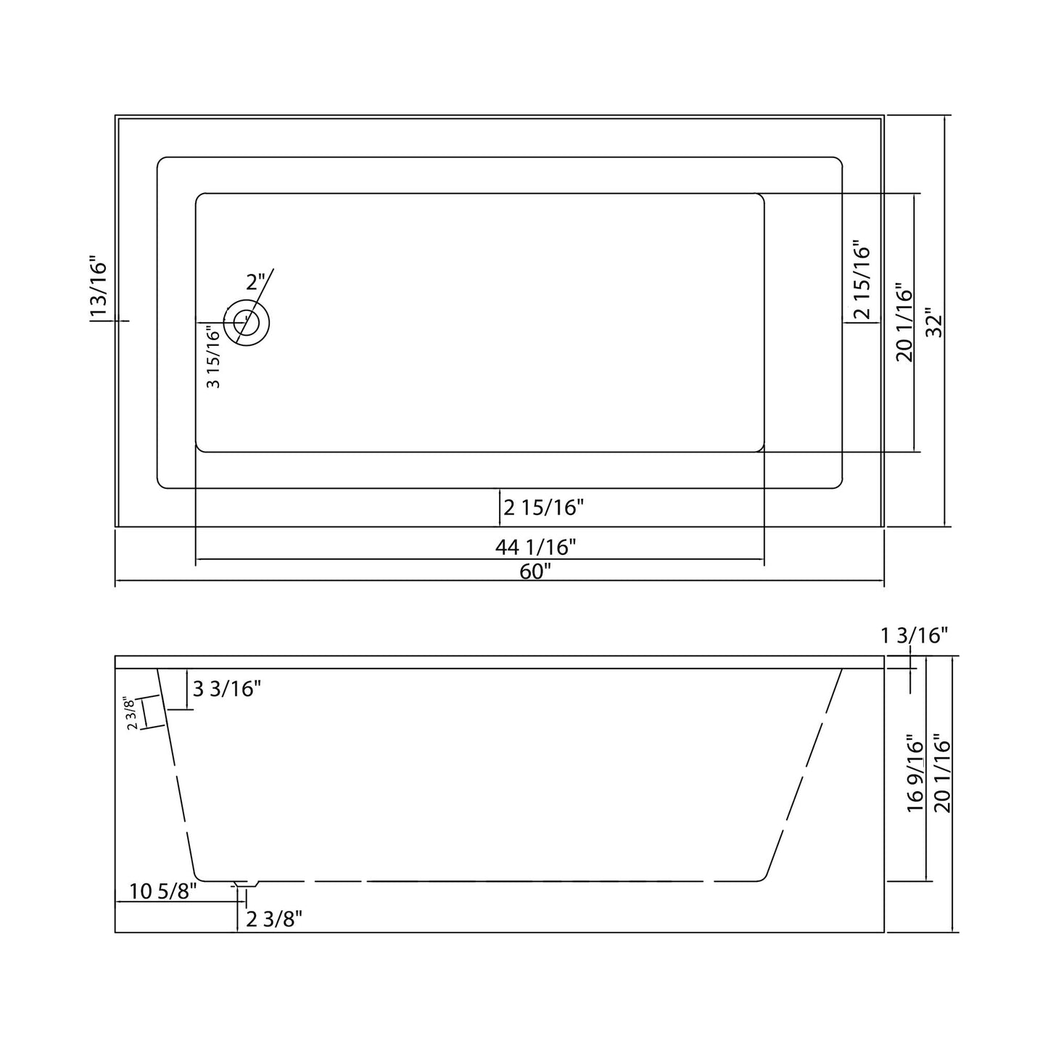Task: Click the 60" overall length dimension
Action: pyautogui.click(x=535, y=572)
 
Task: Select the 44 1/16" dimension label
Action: pyautogui.click(x=535, y=547)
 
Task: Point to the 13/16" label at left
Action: pyautogui.click(x=98, y=287)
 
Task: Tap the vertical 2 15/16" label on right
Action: pyautogui.click(x=861, y=281)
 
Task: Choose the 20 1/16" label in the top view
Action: pyautogui.click(x=904, y=323)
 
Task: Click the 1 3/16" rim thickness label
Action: pyautogui.click(x=915, y=636)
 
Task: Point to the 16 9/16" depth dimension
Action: pyautogui.click(x=915, y=773)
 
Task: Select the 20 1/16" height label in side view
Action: pyautogui.click(x=942, y=773)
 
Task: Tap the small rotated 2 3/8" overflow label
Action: pyautogui.click(x=131, y=713)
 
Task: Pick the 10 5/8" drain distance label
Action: pyautogui.click(x=163, y=891)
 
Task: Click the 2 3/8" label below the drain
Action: pyautogui.click(x=274, y=919)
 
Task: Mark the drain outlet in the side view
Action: pyautogui.click(x=247, y=884)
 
